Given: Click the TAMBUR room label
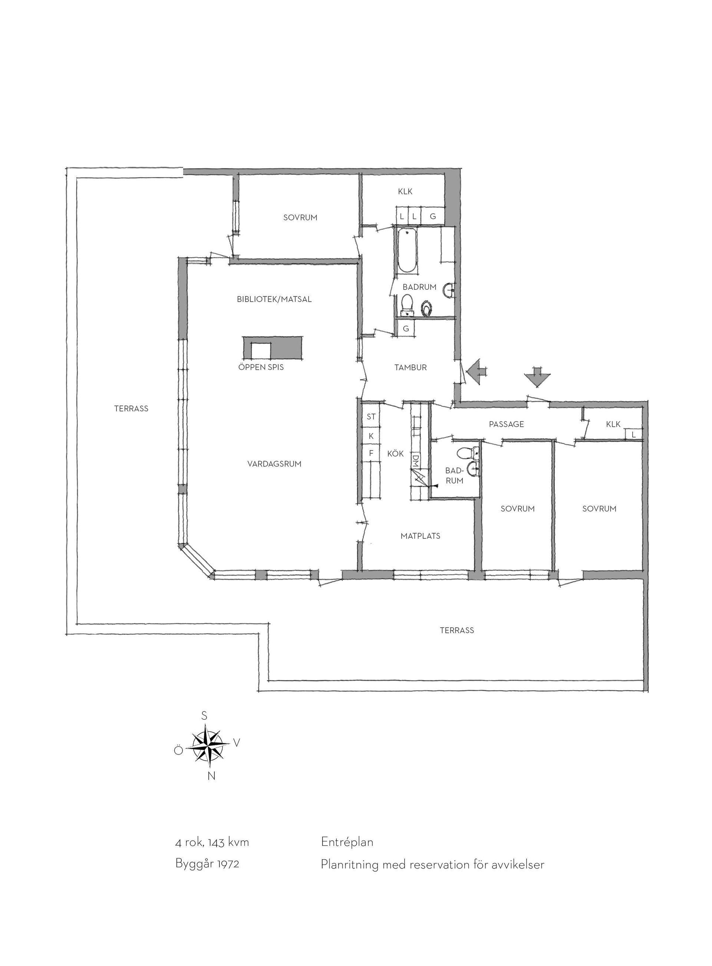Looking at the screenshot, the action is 410,367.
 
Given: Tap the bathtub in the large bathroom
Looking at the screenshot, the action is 407,250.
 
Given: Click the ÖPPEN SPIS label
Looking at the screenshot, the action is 261,367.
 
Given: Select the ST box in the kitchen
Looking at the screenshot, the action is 371,416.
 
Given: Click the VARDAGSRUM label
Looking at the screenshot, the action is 274,464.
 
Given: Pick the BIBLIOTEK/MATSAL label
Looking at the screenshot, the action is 274,299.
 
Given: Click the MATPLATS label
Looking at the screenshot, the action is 420,536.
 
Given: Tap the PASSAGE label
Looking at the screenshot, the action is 507,424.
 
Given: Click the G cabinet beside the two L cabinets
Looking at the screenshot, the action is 433,216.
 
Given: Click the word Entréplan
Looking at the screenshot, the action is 347,842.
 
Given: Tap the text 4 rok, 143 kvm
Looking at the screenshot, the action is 212,842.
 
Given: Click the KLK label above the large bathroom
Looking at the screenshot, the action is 405,192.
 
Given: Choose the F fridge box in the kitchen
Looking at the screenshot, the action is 371,454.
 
